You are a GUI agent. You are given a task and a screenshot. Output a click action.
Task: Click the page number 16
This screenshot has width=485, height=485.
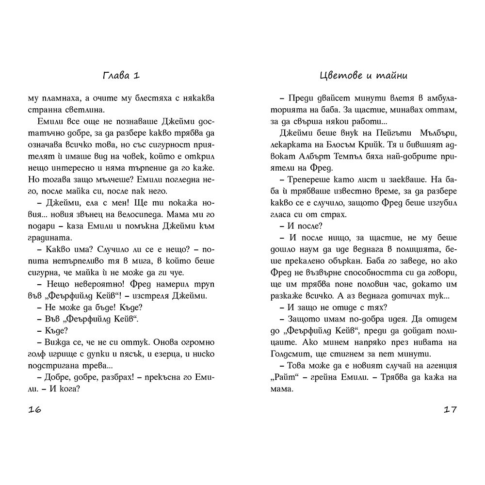35,410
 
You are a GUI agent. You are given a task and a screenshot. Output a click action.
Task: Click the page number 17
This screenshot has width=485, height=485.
450,410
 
